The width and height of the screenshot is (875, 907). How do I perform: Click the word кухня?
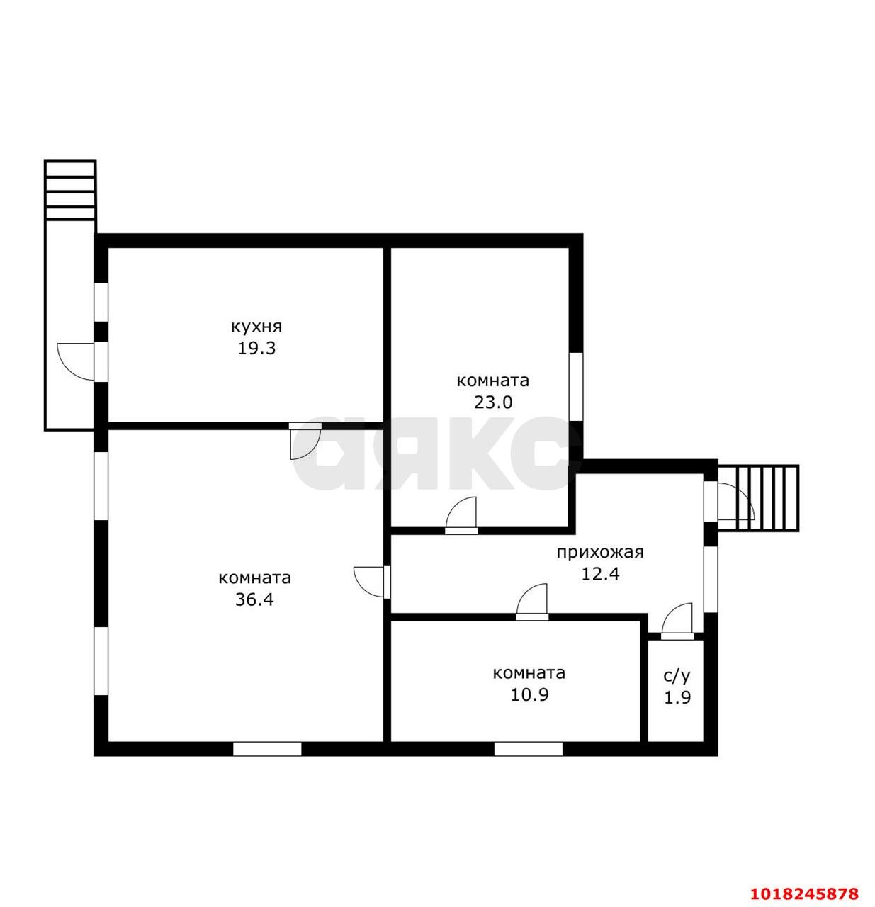click(x=256, y=327)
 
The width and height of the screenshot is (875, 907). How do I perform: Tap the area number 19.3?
click(x=256, y=348)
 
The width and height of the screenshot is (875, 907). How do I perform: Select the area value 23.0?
click(x=493, y=402)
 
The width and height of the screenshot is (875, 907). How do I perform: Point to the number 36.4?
click(x=254, y=599)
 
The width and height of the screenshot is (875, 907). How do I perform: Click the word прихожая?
click(x=600, y=553)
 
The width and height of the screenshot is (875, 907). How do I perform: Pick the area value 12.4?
click(x=600, y=574)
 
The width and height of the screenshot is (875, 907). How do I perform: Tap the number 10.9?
click(x=529, y=695)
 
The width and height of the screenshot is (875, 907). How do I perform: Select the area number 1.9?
click(x=677, y=698)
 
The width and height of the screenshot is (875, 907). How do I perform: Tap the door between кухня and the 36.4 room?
click(x=305, y=441)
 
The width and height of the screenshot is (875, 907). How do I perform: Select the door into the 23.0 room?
click(x=461, y=515)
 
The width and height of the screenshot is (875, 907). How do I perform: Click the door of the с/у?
click(x=677, y=621)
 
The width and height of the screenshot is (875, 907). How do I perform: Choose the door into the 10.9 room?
click(x=531, y=602)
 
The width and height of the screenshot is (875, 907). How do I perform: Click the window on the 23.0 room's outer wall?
click(x=576, y=386)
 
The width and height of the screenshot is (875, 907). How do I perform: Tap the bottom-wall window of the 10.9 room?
click(x=528, y=748)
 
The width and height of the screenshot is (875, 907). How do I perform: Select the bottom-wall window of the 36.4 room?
click(x=267, y=748)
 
